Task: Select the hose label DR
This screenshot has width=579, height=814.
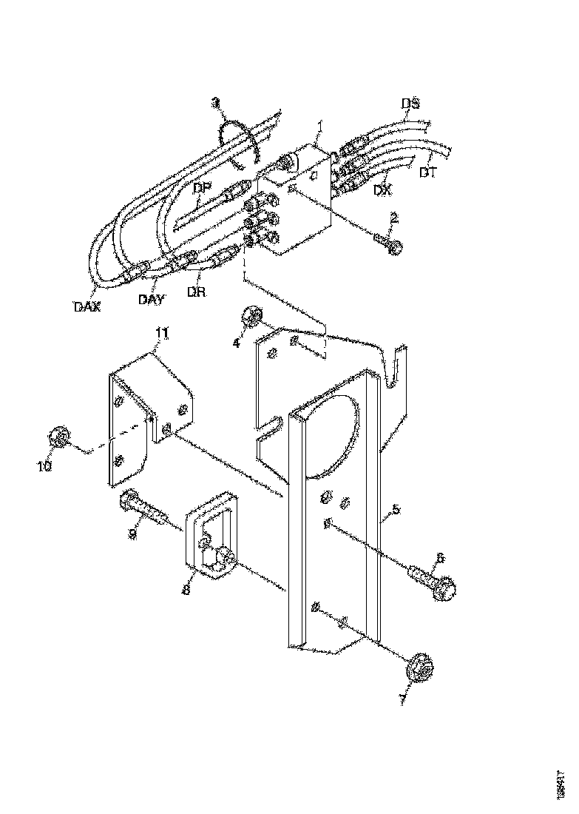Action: (196, 292)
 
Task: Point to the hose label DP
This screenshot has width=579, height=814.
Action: (202, 188)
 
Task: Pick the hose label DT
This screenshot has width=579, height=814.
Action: (427, 173)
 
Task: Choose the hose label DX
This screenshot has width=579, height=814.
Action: (382, 190)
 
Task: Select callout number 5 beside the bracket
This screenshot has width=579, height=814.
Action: (396, 509)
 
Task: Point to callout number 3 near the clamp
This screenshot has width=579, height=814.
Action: (215, 101)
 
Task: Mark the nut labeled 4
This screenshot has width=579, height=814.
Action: (251, 318)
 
